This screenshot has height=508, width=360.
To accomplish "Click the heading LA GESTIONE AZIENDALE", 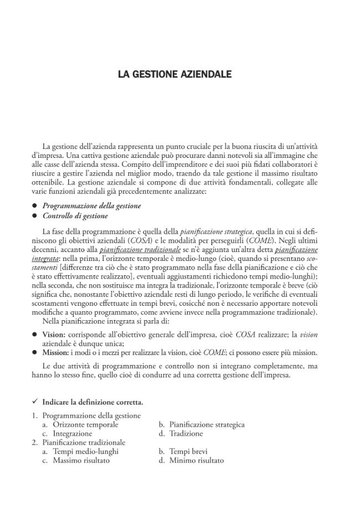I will [174, 74].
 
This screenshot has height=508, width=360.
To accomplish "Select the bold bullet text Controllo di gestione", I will [75, 216].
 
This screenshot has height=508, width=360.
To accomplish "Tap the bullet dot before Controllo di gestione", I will [34, 217].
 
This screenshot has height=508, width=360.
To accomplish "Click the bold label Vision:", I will [54, 335].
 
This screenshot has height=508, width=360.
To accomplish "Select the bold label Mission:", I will [56, 353].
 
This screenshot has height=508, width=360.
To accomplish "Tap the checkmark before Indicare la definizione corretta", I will [34, 402].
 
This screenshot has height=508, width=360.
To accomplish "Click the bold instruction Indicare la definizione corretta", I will [92, 402].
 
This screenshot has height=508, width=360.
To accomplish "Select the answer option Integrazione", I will [73, 434].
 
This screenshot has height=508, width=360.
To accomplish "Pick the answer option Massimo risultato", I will [81, 460].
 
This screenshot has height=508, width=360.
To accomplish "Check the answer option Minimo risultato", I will [197, 460].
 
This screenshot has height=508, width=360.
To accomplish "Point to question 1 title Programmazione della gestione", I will [91, 416].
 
